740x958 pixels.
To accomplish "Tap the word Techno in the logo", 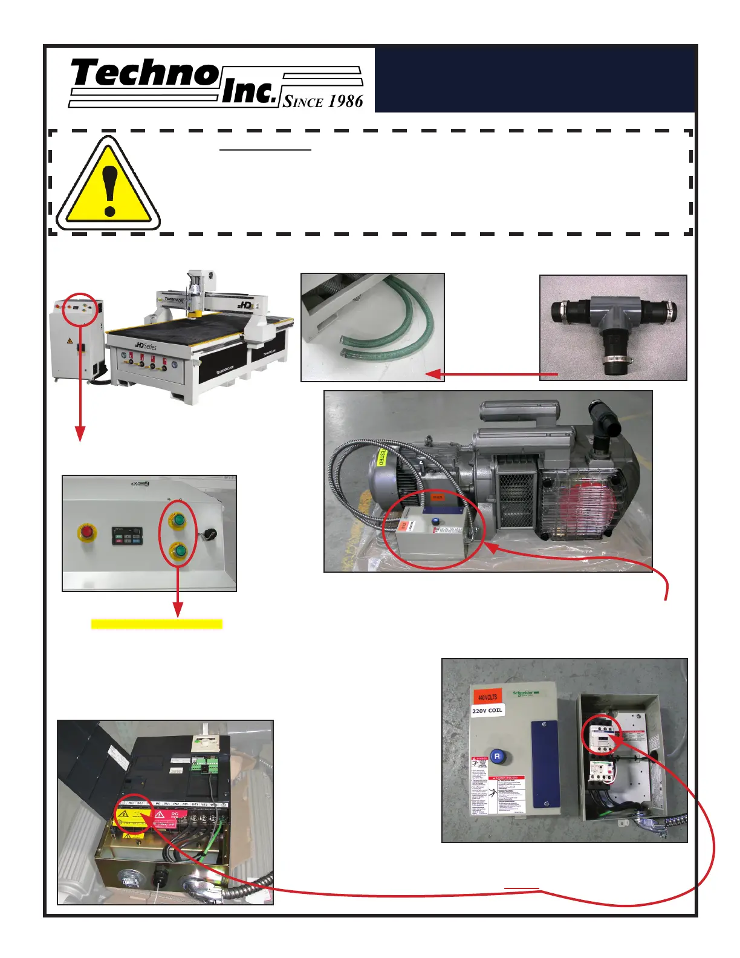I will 145,74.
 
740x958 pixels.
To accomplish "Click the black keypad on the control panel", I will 127,535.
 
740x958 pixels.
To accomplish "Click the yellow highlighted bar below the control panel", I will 157,624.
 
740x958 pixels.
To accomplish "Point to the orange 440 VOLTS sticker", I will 488,697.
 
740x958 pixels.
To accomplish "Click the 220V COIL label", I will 487,711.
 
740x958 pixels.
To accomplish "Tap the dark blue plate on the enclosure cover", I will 545,764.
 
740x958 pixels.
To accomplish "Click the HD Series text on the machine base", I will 145,345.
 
